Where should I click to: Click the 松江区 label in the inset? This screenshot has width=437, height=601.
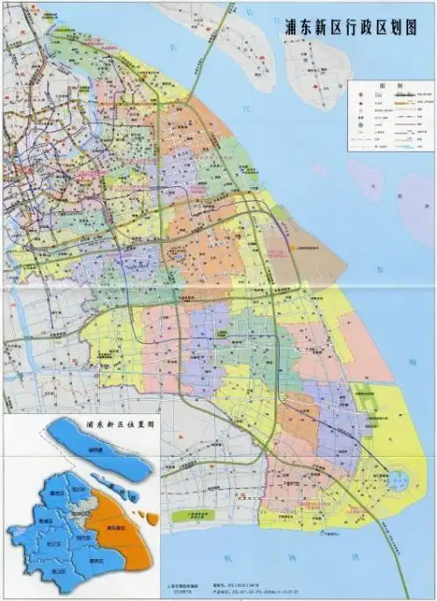[52, 544]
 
